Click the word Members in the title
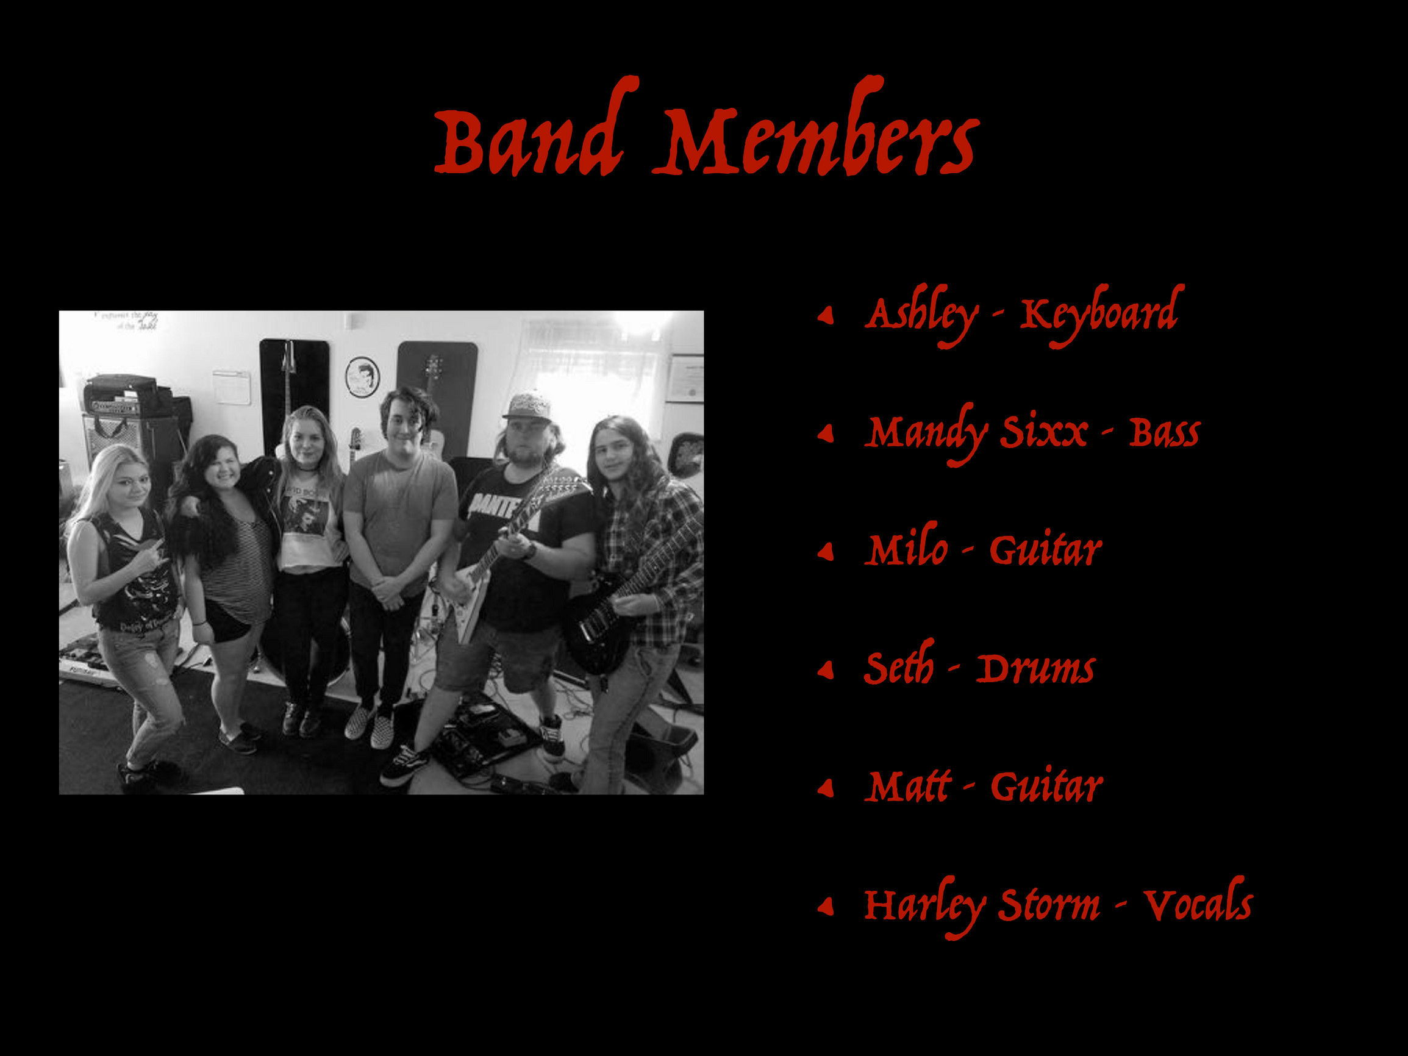tap(817, 127)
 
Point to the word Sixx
tap(1044, 433)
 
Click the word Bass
tap(1165, 433)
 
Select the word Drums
tap(1035, 669)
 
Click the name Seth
tap(899, 663)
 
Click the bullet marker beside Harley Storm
tap(826, 906)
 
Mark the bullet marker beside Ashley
tap(826, 315)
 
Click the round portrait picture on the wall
tap(362, 377)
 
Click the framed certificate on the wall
tap(685, 379)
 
